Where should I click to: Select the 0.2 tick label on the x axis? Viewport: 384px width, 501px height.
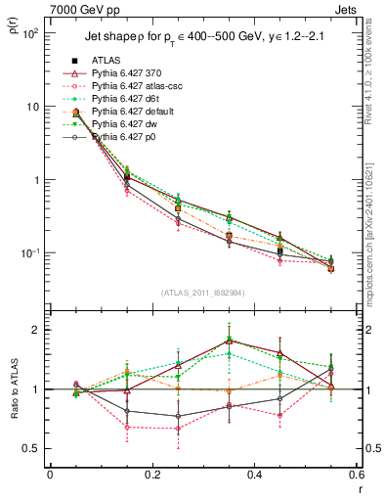tap(151, 475)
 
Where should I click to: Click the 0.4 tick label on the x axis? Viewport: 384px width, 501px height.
tap(254, 475)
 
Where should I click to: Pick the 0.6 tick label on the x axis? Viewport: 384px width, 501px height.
tap(355, 475)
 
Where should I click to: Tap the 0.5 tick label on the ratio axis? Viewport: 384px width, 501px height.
tap(29, 449)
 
